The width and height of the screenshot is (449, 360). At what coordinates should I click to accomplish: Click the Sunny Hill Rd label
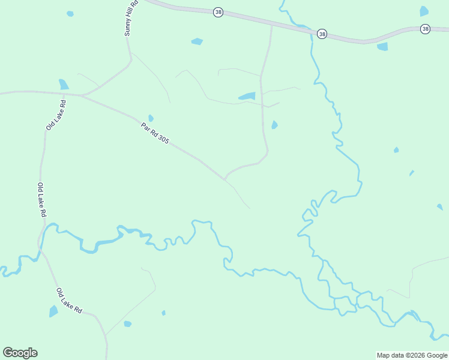tap(131, 18)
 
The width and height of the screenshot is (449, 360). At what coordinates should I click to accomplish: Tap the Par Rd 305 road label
tap(155, 133)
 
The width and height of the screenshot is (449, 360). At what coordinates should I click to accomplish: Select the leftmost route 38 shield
tap(218, 12)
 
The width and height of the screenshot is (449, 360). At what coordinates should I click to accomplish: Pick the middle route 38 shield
tap(322, 34)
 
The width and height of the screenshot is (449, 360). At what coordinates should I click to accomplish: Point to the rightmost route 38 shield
tap(425, 29)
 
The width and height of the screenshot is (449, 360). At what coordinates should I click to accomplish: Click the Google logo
tap(20, 353)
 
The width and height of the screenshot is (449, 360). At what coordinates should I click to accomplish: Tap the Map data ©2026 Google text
tap(412, 355)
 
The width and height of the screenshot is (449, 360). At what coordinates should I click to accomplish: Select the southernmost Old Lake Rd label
tap(69, 301)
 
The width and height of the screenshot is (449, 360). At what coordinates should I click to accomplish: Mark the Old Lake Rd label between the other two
tap(42, 200)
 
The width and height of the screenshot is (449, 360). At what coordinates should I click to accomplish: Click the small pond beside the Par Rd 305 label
tap(151, 118)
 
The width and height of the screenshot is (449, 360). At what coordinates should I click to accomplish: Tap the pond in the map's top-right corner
tap(424, 11)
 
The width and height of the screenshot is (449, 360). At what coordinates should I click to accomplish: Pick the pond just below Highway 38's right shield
tap(382, 46)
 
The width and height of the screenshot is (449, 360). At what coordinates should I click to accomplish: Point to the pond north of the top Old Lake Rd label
tap(64, 84)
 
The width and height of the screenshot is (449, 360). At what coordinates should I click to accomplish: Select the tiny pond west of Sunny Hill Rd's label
tap(70, 13)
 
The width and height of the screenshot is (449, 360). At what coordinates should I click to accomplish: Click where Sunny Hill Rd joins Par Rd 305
tap(83, 95)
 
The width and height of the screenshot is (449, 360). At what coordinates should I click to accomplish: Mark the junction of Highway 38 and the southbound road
tap(272, 26)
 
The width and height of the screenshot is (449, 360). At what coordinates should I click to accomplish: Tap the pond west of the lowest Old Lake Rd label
tap(53, 311)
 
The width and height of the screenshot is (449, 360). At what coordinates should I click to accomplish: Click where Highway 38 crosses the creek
tap(312, 32)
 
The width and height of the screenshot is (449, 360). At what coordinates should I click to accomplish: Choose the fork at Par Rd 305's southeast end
tap(224, 179)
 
